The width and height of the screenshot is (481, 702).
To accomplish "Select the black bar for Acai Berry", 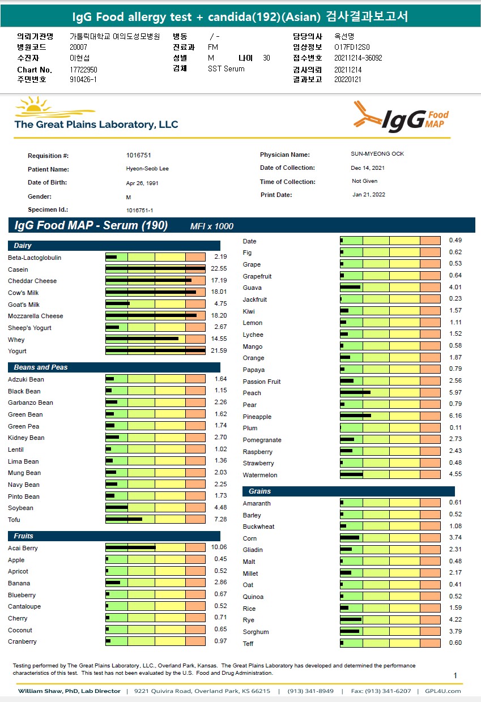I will coord(130,547).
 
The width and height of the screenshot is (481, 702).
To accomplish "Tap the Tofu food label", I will coord(14,520).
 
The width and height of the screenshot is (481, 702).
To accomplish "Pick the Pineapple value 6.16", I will coord(455,416).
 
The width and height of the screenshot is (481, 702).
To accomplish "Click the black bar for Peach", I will coord(355,392).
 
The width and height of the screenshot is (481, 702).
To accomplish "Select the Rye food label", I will coord(249,620).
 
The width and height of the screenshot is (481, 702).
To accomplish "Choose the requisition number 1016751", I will coord(139,155).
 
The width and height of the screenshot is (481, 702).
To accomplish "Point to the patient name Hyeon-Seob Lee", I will coord(147,169).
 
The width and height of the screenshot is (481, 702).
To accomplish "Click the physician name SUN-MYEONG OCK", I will coord(377,154).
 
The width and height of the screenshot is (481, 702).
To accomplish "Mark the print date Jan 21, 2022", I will coord(368,195).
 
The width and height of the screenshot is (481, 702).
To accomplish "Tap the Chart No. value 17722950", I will coord(83,70).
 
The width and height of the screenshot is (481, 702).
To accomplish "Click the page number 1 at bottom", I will coord(456,675).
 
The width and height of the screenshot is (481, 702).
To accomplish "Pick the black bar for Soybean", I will coord(117,508).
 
